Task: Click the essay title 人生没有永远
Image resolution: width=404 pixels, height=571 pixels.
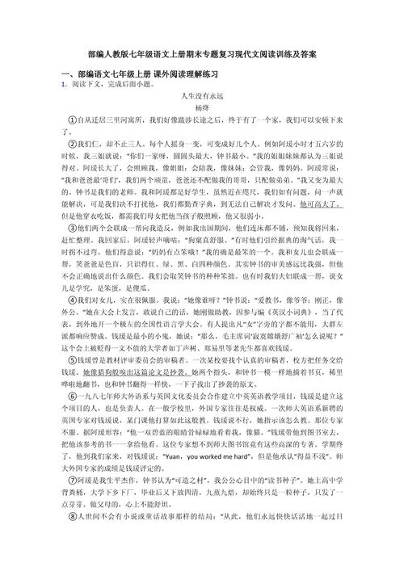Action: pos(202,95)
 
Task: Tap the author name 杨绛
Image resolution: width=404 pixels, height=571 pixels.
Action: pos(202,107)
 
